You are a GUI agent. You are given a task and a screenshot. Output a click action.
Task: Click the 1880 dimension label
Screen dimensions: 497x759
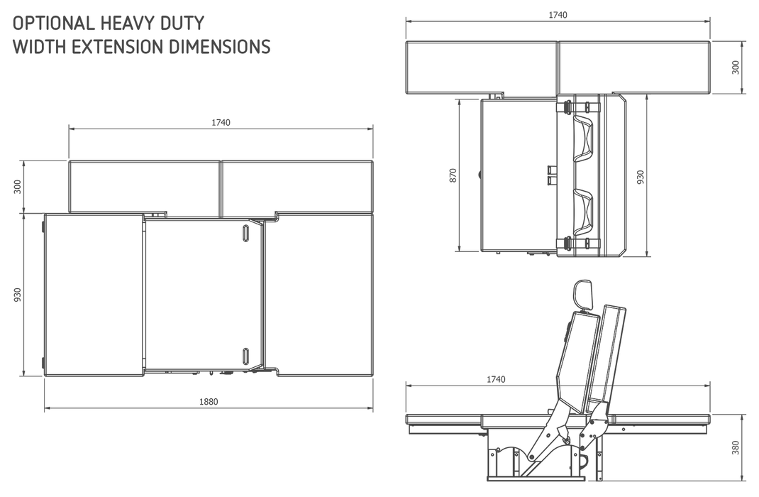[x=208, y=402]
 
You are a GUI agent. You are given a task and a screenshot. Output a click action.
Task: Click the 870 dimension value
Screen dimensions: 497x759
[x=453, y=175]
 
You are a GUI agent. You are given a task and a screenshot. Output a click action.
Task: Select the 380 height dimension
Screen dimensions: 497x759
[x=736, y=447]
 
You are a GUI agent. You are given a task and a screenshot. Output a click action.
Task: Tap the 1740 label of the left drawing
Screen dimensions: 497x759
[x=221, y=122]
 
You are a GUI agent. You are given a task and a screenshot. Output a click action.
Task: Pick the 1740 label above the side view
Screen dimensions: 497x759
[x=496, y=380]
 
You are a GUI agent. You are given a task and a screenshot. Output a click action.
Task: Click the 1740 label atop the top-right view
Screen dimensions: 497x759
[x=558, y=15]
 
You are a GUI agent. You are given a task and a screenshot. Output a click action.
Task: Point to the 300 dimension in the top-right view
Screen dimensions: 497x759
[x=736, y=67]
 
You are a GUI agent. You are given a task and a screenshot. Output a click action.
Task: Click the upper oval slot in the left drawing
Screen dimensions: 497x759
[x=245, y=233]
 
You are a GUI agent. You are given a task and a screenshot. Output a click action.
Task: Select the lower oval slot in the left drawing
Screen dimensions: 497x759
[x=245, y=356]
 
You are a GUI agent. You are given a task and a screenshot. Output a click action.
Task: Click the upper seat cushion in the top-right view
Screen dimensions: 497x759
[x=585, y=138]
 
